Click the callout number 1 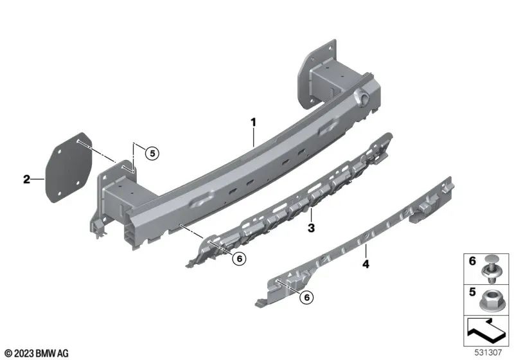[x=253, y=120]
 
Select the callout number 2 [x=26, y=179]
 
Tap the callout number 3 [x=310, y=228]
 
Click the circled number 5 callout [x=151, y=153]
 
